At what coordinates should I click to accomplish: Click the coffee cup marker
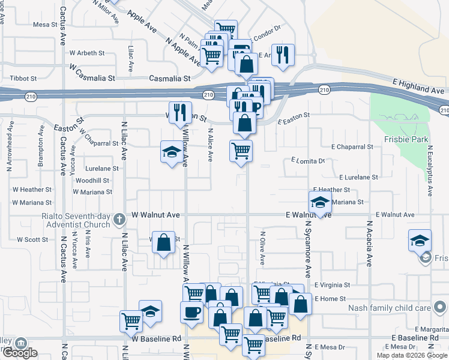pyautogui.click(x=191, y=313)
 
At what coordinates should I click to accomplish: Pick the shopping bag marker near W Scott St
pyautogui.click(x=163, y=243)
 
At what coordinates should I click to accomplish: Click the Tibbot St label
pyautogui.click(x=23, y=79)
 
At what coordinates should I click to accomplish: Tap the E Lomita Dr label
pyautogui.click(x=308, y=161)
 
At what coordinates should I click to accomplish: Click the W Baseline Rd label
pyautogui.click(x=157, y=338)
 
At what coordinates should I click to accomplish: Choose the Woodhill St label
pyautogui.click(x=92, y=180)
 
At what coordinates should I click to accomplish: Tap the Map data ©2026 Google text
pyautogui.click(x=412, y=355)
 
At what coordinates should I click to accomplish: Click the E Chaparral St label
pyautogui.click(x=352, y=146)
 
